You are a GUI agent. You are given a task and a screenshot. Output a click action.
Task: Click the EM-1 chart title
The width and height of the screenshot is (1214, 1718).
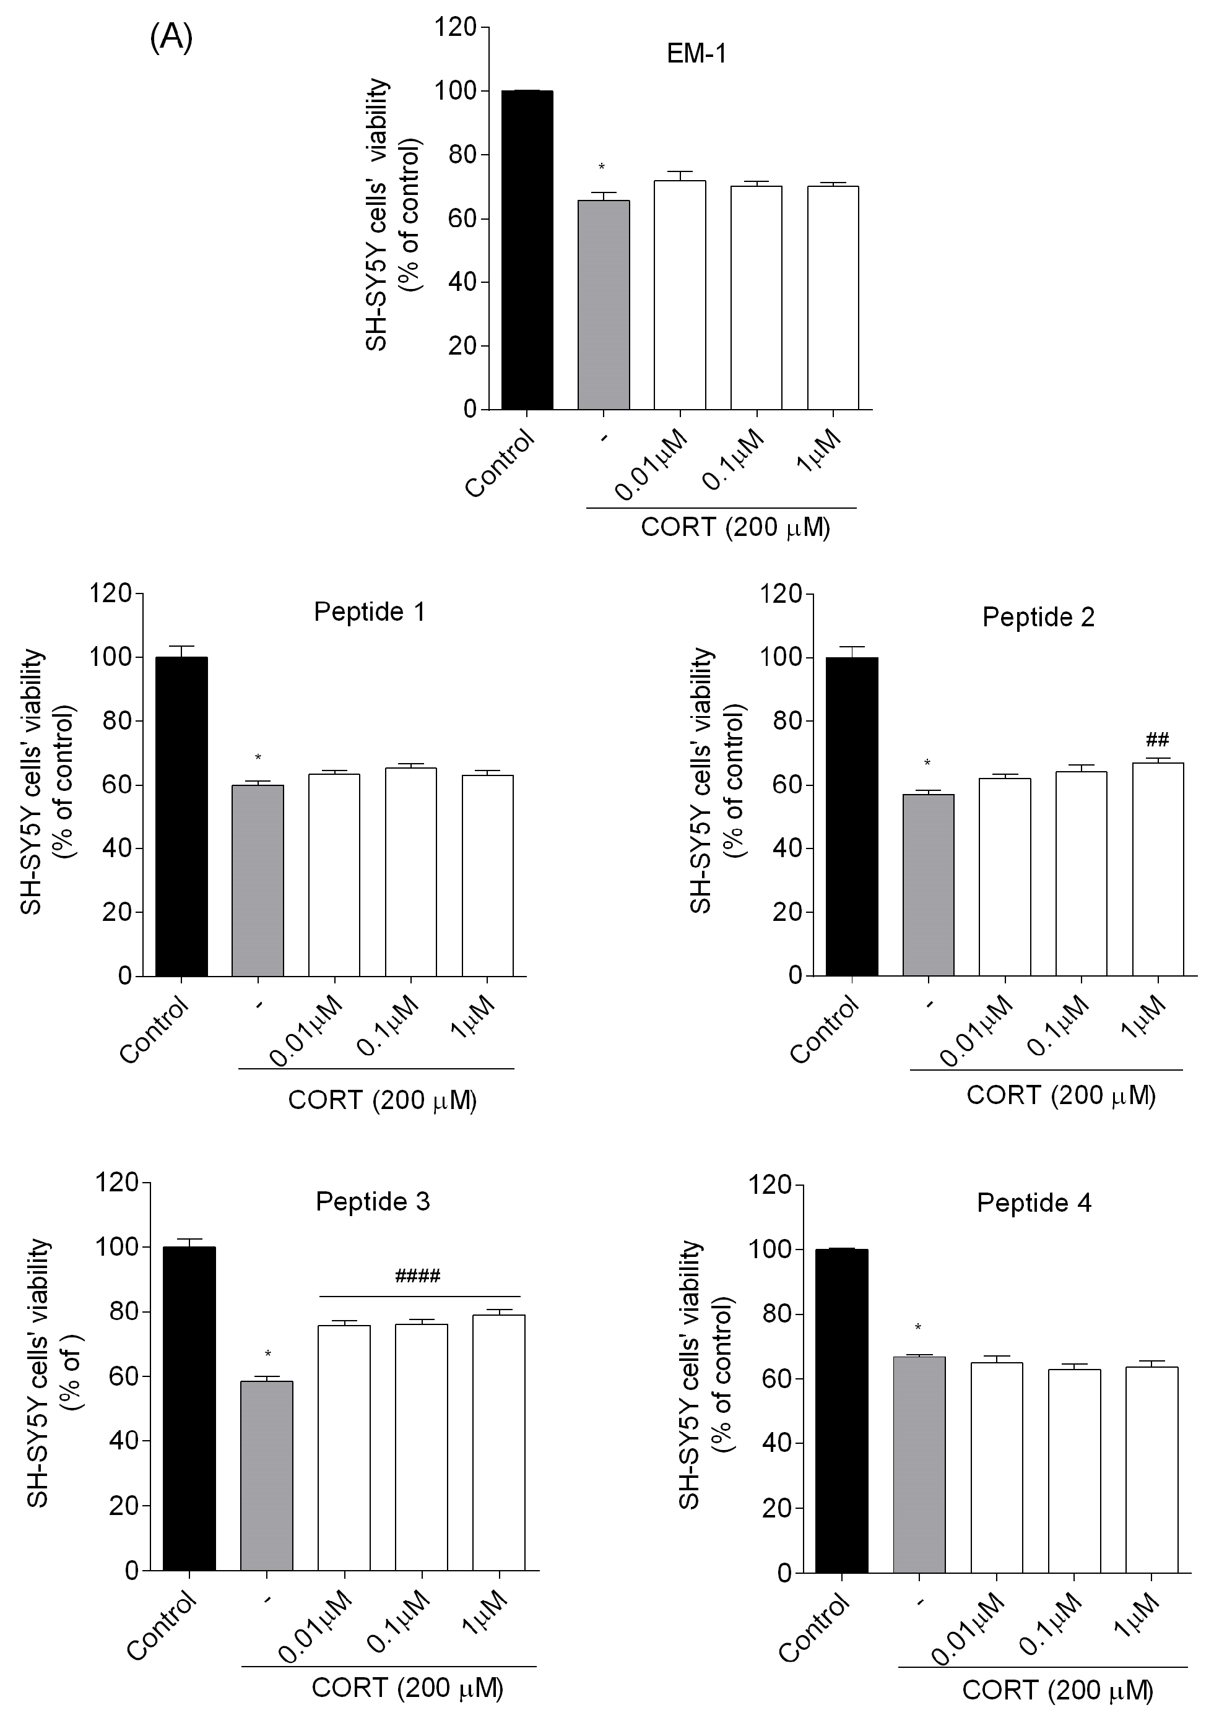click(x=696, y=54)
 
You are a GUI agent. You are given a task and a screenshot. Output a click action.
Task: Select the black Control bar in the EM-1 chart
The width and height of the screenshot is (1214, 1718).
click(x=527, y=250)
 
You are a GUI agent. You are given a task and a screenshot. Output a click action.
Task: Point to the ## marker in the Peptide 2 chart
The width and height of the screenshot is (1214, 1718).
click(x=1157, y=740)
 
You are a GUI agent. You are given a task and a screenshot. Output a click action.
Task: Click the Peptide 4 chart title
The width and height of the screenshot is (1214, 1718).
click(x=1034, y=1203)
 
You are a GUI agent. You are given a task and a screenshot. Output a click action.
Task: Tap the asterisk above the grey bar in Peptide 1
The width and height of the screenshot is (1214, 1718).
click(x=258, y=758)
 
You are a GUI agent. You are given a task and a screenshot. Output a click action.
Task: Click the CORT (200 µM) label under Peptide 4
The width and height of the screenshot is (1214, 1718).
click(x=1057, y=1690)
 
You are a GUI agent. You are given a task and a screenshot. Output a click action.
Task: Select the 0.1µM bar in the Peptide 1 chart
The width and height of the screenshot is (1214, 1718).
click(x=411, y=872)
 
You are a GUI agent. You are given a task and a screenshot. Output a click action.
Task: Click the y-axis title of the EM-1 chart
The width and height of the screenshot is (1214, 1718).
click(x=392, y=215)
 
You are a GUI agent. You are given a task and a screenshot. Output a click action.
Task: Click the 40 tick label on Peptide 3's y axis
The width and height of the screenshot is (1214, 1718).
click(x=123, y=1440)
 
